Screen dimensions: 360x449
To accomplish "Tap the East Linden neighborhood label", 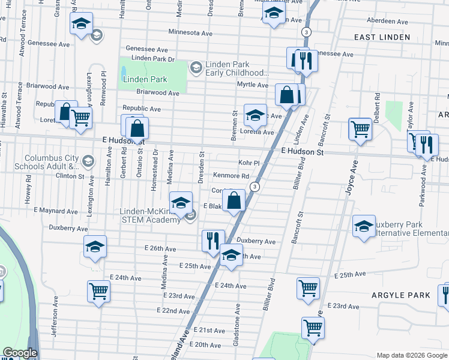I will pos(382,37).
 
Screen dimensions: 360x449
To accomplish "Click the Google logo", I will pos(20,353).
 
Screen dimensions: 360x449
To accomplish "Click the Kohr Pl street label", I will pos(248,163).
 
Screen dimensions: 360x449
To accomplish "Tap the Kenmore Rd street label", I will pos(231,176).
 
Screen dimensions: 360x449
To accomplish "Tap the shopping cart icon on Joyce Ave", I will pos(360,128).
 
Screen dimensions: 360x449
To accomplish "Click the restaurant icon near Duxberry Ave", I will pos(213,241).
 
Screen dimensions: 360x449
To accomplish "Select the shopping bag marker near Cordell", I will pos(235,200).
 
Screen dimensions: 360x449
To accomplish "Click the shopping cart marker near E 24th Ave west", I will pos(98,292).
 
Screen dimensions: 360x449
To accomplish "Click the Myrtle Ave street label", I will pos(252,85).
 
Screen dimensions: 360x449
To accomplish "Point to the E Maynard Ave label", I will pos(56,211).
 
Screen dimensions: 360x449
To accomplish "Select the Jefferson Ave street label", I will pos(54,322).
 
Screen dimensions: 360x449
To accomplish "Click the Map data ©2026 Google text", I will pos(412,355).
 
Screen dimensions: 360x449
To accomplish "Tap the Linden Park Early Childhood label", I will pos(235,69).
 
